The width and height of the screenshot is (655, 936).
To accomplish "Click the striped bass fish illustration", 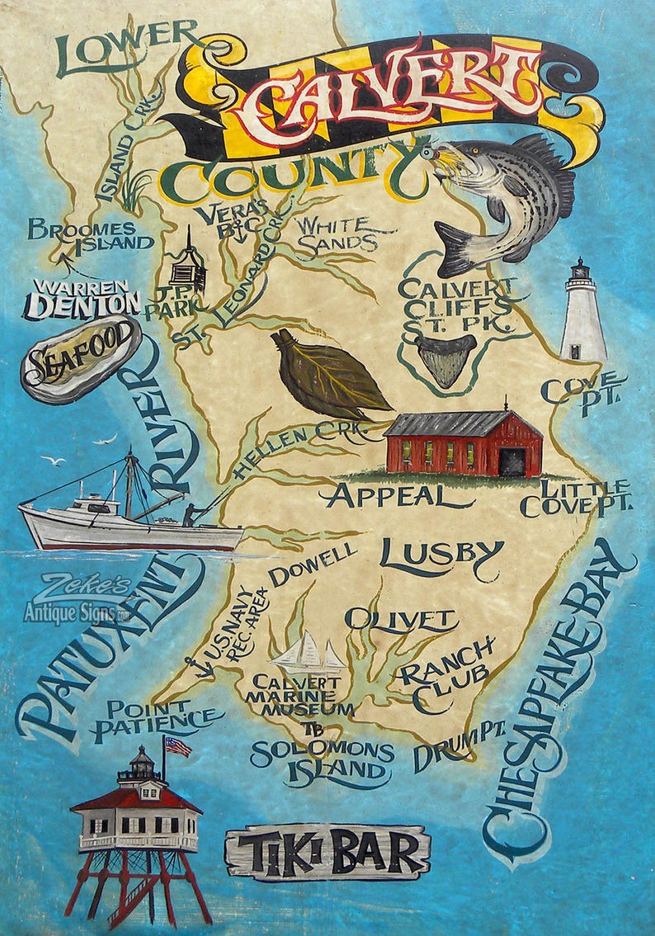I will click(x=507, y=198).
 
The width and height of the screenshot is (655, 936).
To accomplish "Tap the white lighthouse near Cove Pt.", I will click(x=583, y=314).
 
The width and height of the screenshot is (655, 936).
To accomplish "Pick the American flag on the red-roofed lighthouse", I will click(x=178, y=747).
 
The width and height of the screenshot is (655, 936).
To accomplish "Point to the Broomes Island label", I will click(x=90, y=235).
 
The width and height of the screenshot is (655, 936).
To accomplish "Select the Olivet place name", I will click(x=400, y=619).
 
